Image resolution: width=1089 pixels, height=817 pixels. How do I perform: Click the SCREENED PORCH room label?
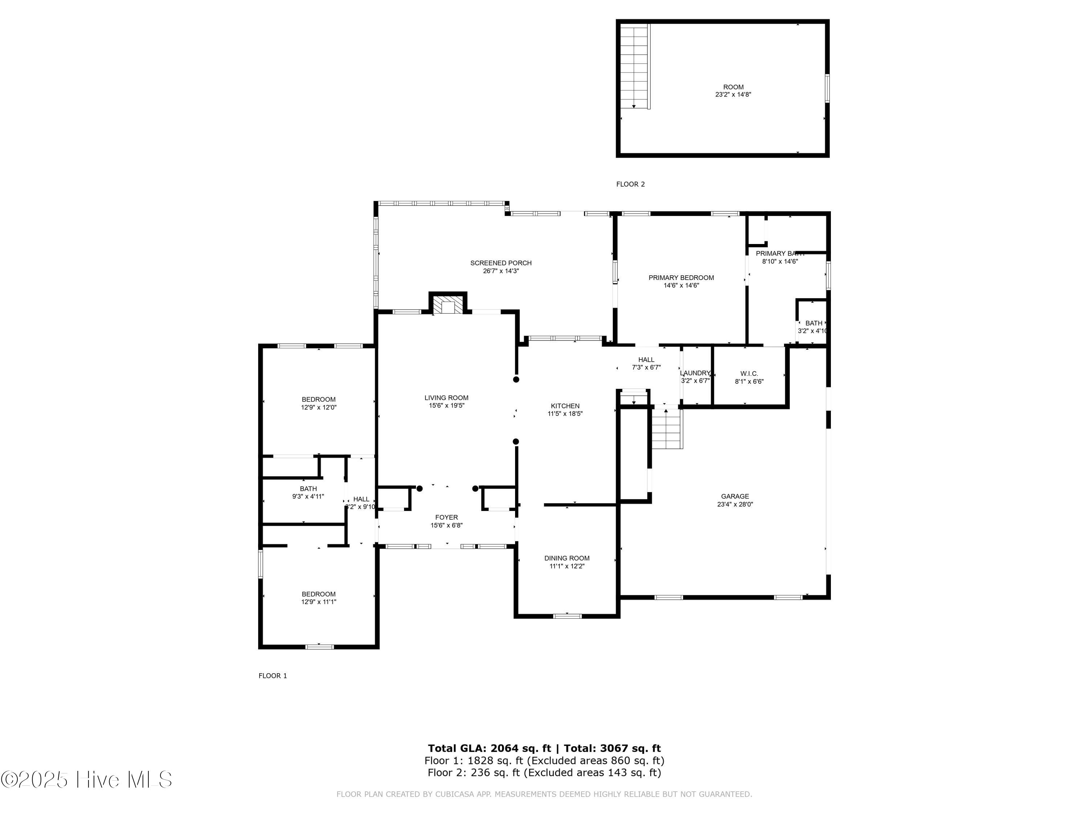(501, 263)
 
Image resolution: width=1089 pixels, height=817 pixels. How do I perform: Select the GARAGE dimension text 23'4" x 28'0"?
(735, 504)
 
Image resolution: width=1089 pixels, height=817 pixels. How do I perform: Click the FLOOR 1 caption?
(273, 676)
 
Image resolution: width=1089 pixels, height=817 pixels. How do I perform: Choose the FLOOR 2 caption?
(630, 184)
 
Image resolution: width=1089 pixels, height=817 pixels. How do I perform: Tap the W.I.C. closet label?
(749, 374)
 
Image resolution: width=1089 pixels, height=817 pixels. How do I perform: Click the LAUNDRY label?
(695, 373)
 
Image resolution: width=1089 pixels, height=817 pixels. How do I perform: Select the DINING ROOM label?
(567, 558)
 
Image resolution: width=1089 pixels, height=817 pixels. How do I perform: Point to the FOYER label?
(446, 517)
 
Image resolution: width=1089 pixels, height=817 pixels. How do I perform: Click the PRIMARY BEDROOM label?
(681, 278)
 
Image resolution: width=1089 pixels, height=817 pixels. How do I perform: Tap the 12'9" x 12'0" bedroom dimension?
(318, 408)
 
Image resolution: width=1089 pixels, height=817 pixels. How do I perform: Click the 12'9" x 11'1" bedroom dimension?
(318, 602)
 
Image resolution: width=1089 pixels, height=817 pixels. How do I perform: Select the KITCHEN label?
(565, 406)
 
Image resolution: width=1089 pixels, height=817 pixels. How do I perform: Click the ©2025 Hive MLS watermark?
(86, 780)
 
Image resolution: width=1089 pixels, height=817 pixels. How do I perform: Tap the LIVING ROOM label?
(446, 398)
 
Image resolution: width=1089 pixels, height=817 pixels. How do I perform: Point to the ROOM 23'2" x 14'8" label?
(733, 91)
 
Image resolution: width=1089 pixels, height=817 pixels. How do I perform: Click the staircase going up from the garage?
(667, 429)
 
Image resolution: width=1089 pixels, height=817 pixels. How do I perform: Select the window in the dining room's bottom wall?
(567, 616)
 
